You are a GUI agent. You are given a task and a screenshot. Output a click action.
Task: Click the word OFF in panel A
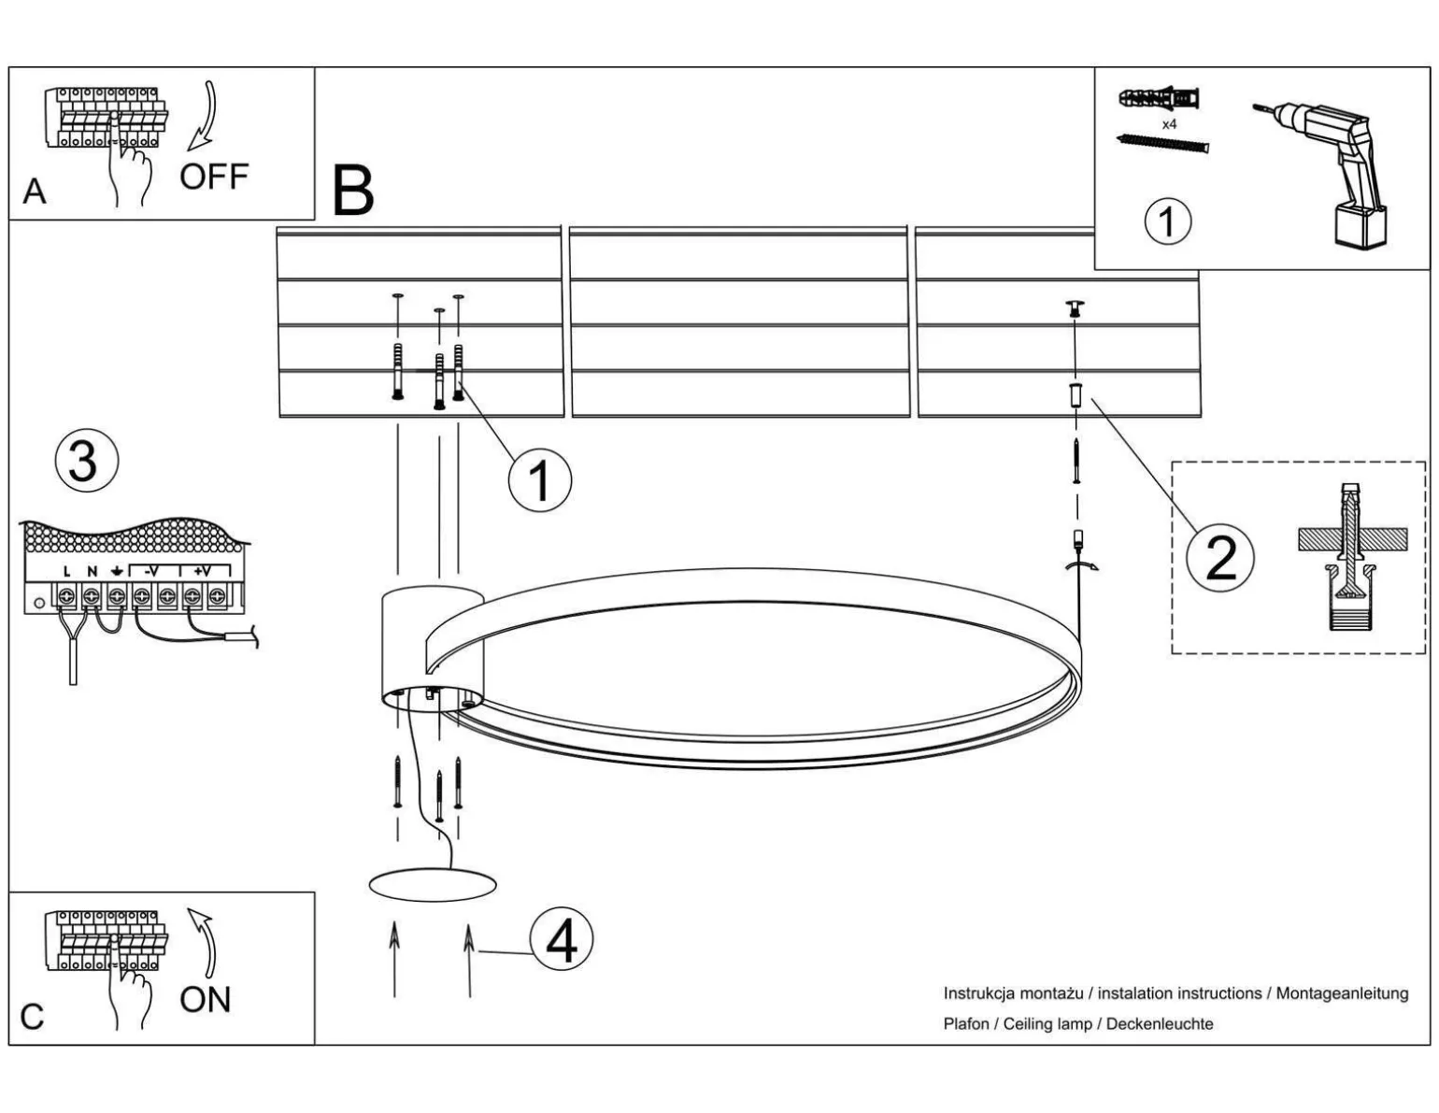pos(214,176)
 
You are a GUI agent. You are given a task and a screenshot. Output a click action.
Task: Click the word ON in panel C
pos(205,999)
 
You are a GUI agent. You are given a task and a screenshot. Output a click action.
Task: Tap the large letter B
pos(353,191)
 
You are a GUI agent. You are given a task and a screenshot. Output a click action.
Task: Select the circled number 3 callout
pos(86,462)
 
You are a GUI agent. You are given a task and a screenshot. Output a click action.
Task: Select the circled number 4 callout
pos(561,940)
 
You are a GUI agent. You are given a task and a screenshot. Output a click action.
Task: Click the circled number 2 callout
pos(1220,558)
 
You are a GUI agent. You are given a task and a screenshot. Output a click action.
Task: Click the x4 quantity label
pos(1169,124)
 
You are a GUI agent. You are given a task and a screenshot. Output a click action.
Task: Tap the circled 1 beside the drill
pos(1167,221)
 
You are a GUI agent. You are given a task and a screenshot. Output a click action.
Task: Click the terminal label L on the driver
pos(66,572)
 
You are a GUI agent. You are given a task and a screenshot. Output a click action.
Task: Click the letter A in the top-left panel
pos(34,192)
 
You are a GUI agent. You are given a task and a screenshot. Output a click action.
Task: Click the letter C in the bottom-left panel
pos(32,1017)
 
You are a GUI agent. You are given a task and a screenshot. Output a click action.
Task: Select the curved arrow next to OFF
pos(203,116)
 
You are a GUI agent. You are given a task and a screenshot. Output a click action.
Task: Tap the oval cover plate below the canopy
pos(432,884)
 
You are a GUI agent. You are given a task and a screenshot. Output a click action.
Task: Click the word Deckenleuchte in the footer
pos(1160,1023)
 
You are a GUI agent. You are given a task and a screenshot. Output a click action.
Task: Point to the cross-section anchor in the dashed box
pos(1350,558)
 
